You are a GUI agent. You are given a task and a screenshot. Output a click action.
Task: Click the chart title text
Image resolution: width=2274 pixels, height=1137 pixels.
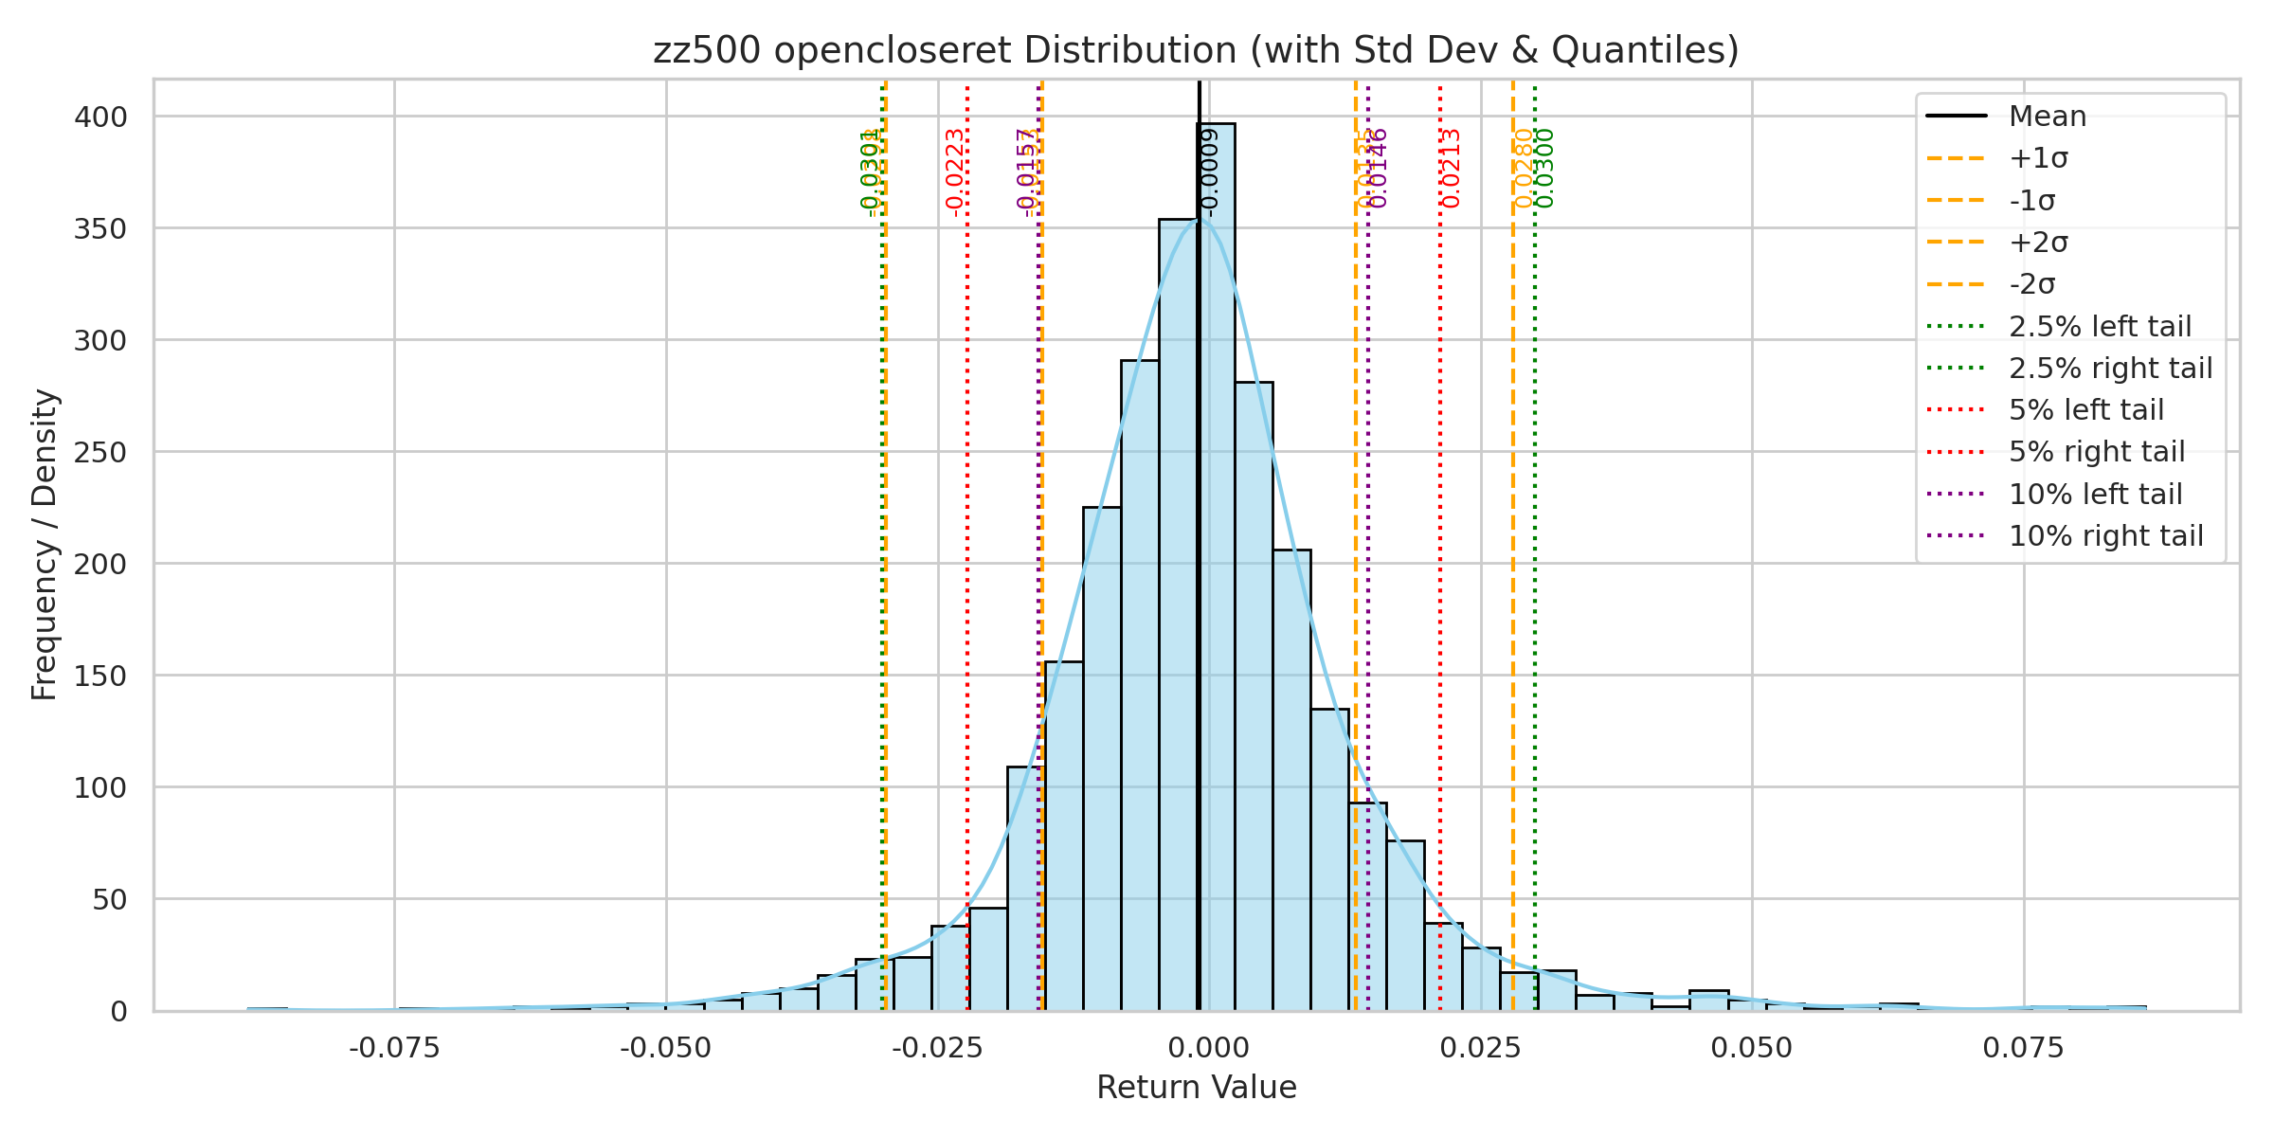coord(1196,50)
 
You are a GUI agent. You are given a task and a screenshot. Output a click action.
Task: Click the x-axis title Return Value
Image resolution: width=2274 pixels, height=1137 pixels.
coord(1196,1087)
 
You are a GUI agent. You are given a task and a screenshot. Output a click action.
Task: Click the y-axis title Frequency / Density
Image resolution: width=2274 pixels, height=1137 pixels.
coord(45,545)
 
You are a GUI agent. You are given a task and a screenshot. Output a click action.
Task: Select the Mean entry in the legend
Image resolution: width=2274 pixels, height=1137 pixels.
coord(2048,117)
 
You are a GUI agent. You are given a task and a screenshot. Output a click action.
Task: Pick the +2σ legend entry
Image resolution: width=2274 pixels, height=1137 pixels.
coord(2038,243)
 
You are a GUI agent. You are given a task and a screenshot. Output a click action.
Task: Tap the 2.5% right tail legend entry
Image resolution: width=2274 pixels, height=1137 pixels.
coord(2110,368)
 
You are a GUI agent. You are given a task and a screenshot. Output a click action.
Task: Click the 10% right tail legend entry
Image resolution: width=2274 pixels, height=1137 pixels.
coord(2105,536)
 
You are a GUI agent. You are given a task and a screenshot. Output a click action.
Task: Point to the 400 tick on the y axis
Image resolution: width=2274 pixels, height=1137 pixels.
coord(100,117)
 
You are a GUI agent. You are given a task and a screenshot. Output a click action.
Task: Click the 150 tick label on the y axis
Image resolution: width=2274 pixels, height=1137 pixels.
coord(100,676)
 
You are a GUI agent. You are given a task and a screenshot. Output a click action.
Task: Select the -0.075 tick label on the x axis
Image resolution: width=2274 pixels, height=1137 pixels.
coord(394,1048)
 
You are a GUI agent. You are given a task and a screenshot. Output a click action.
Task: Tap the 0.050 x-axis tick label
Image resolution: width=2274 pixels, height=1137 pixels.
coord(1752,1048)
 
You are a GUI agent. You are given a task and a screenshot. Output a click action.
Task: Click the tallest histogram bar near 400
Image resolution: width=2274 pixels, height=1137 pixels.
coord(1216,568)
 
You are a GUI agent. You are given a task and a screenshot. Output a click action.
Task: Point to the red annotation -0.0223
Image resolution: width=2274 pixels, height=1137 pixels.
coord(955,172)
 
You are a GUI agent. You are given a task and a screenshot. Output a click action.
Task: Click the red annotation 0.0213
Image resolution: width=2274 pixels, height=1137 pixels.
coord(1451,169)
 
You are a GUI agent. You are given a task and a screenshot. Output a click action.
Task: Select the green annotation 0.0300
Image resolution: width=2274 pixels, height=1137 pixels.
coord(1544,169)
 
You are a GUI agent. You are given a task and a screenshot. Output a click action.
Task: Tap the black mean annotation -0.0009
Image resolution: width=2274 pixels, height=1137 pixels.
coord(1210,172)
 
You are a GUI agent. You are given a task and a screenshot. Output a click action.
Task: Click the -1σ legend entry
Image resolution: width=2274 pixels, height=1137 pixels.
coord(2032,201)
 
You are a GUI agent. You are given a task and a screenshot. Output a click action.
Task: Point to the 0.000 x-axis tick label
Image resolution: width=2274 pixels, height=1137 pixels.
coord(1208,1048)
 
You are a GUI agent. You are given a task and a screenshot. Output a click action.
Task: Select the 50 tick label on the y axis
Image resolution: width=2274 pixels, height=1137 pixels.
coord(109,899)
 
